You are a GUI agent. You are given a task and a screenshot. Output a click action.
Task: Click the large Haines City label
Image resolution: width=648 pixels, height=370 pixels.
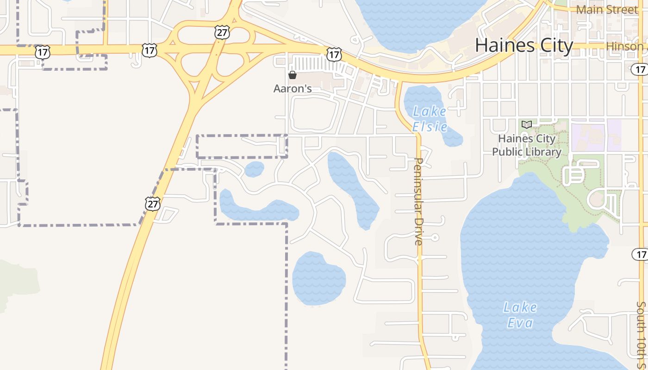pyautogui.click(x=524, y=45)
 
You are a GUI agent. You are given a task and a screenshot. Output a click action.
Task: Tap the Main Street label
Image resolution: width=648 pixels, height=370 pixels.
pyautogui.click(x=606, y=9)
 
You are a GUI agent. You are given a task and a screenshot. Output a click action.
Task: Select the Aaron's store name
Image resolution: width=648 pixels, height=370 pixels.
pyautogui.click(x=292, y=88)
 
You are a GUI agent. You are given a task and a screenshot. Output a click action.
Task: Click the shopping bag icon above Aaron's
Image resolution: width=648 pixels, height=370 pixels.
pyautogui.click(x=293, y=74)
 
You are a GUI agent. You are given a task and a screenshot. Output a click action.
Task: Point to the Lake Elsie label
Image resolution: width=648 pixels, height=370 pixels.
pyautogui.click(x=430, y=119)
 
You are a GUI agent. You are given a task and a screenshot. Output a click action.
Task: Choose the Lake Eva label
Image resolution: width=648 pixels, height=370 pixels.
pyautogui.click(x=520, y=315)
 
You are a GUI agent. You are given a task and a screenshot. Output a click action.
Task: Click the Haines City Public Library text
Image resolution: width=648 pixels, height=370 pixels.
pyautogui.click(x=526, y=145)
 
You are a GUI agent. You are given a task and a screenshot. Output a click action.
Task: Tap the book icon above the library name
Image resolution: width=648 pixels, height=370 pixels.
pyautogui.click(x=526, y=124)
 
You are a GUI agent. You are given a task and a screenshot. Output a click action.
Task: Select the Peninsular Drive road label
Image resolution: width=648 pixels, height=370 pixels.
pyautogui.click(x=418, y=201)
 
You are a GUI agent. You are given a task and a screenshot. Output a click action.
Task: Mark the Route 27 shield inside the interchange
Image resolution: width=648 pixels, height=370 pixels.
pyautogui.click(x=222, y=32)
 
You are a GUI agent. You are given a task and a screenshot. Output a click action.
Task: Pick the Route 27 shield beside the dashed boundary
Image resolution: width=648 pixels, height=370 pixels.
pyautogui.click(x=152, y=203)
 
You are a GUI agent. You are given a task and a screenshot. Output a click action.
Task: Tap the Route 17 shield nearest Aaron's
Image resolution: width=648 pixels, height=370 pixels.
pyautogui.click(x=334, y=55)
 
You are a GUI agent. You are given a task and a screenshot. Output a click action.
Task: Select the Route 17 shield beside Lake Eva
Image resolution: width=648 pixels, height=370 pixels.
pyautogui.click(x=640, y=254)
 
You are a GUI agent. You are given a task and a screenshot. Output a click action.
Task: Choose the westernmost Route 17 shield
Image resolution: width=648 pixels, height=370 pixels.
pyautogui.click(x=42, y=52)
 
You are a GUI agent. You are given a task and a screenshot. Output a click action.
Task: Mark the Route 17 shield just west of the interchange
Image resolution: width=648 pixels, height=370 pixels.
pyautogui.click(x=149, y=50)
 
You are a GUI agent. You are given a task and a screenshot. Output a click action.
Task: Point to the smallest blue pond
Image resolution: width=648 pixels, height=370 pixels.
pyautogui.click(x=254, y=169)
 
